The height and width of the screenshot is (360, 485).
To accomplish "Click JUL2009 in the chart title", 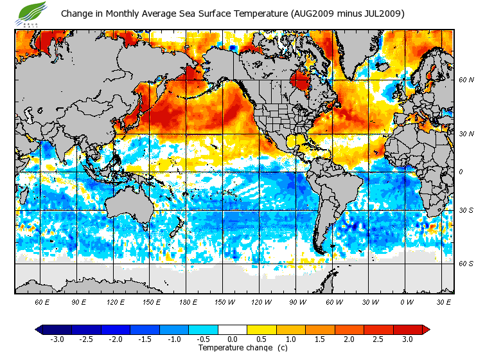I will [x=383, y=14].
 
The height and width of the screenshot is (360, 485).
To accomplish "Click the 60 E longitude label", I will [x=42, y=301].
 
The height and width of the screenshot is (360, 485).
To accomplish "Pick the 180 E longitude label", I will [x=188, y=301].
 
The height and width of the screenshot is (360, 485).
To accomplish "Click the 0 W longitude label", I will [x=406, y=301].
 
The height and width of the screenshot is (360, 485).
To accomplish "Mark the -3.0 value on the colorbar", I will [x=57, y=339].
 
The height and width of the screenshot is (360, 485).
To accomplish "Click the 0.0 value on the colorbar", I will [x=233, y=339].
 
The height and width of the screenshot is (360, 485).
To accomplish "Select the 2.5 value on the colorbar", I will [x=378, y=339].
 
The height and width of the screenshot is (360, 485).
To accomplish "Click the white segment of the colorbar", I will [x=233, y=330].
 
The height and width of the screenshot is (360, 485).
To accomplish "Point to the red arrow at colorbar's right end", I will [x=425, y=330].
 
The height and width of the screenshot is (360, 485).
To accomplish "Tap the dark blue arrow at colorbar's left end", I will [x=39, y=330].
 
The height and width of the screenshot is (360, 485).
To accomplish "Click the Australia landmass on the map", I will [x=128, y=206].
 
